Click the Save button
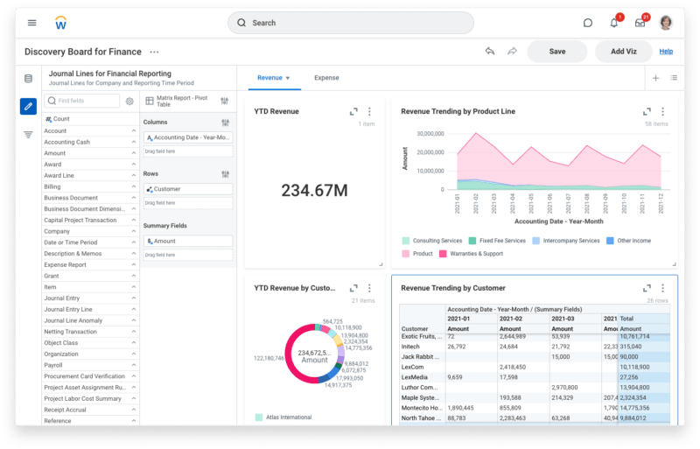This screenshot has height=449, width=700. pyautogui.click(x=557, y=52)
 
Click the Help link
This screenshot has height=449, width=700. pyautogui.click(x=666, y=52)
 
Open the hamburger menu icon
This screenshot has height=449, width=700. pyautogui.click(x=32, y=23)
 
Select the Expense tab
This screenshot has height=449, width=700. pyautogui.click(x=326, y=78)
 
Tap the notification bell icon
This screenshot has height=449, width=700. pyautogui.click(x=614, y=23)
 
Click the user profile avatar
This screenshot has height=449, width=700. pyautogui.click(x=667, y=23)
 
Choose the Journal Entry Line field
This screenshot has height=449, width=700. pyautogui.click(x=68, y=310)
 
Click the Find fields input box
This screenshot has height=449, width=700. pyautogui.click(x=82, y=102)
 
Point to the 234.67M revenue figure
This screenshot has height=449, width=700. pyautogui.click(x=314, y=190)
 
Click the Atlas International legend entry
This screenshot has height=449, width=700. pyautogui.click(x=288, y=417)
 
